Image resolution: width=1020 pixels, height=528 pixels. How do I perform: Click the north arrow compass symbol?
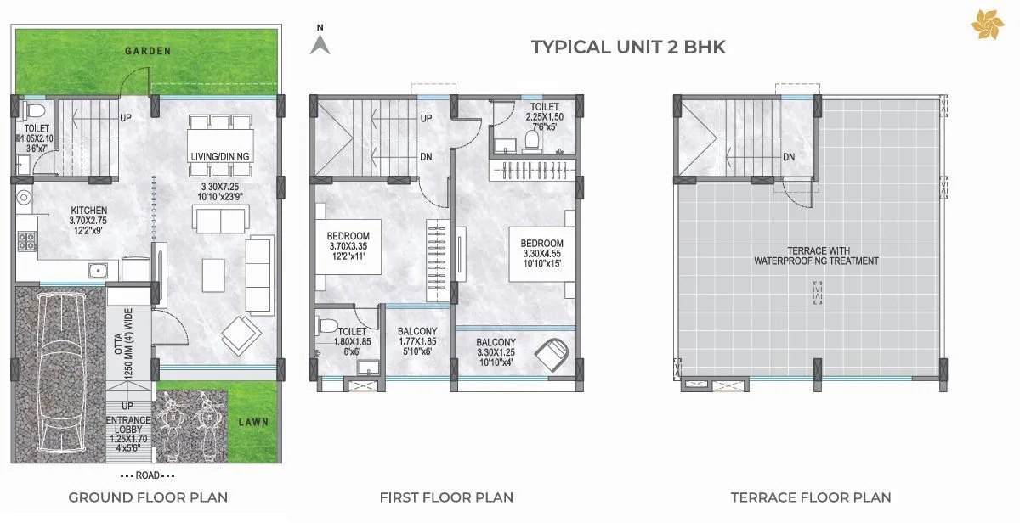coord(320,42)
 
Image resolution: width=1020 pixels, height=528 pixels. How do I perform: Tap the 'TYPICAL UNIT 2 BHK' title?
coord(628,47)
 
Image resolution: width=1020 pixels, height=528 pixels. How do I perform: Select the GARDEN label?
coord(148,51)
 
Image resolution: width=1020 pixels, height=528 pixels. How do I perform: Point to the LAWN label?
coord(254,421)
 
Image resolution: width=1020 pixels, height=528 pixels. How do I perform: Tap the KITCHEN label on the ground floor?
coord(89,211)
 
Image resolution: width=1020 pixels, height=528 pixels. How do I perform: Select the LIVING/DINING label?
coord(222,154)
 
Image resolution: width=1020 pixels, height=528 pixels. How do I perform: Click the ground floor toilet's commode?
coord(34,111)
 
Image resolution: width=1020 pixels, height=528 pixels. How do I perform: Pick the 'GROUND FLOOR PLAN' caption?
coord(148,497)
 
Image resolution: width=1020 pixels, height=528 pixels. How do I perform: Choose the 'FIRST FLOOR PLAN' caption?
coord(446,497)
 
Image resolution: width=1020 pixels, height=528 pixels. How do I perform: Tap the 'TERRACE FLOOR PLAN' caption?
coord(811,497)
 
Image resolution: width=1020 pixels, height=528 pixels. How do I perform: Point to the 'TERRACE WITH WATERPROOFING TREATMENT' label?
coord(816,256)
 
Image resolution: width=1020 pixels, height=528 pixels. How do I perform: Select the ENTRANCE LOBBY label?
coord(128,424)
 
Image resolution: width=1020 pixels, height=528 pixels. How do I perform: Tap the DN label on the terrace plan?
coord(789,157)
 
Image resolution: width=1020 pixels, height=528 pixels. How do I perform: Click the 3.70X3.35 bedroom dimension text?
coord(348,247)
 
